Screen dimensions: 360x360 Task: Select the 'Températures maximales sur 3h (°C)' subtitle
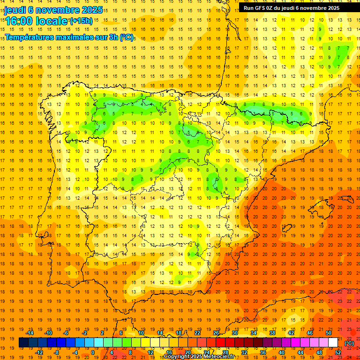(69, 37)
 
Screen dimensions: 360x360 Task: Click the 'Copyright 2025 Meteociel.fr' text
(199, 357)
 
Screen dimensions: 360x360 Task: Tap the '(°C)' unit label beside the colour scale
(349, 343)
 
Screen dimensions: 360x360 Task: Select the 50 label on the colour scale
(329, 333)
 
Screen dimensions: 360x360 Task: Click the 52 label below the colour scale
(338, 352)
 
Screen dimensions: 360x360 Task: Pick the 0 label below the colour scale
(93, 352)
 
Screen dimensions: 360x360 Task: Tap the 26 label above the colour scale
(216, 333)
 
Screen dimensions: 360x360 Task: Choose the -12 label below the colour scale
(39, 352)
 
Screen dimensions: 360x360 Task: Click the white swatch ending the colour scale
(333, 343)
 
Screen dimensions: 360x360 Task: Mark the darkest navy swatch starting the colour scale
(23, 343)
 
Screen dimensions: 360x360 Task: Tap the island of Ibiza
(285, 229)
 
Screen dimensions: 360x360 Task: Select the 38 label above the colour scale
(272, 333)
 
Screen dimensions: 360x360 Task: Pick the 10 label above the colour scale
(141, 333)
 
